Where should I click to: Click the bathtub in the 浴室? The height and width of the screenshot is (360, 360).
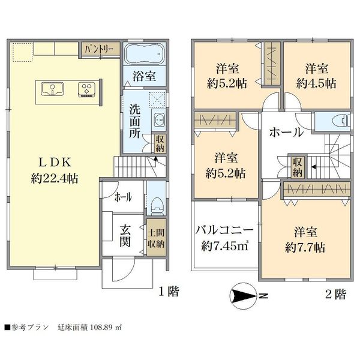(145, 54)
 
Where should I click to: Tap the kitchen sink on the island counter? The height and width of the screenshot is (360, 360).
(52, 89)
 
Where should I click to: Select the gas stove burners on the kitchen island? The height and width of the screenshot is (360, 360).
(87, 89)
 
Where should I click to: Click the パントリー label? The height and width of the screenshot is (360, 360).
(99, 49)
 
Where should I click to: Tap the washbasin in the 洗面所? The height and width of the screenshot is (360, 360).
(159, 119)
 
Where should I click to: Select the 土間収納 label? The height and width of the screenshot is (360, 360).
(156, 238)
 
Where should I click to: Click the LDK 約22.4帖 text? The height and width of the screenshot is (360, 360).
(55, 170)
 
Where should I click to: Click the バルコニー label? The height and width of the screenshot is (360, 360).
(224, 230)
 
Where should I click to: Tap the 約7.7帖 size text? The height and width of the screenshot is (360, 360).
(305, 248)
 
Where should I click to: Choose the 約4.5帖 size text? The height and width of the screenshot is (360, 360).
(316, 83)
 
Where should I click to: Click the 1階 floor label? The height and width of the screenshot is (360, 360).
(169, 292)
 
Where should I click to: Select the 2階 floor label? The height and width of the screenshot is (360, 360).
(335, 294)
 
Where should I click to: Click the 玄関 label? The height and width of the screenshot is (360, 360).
(125, 236)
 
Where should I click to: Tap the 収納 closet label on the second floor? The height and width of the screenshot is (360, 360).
(297, 167)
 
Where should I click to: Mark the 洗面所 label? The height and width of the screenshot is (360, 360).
(135, 121)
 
